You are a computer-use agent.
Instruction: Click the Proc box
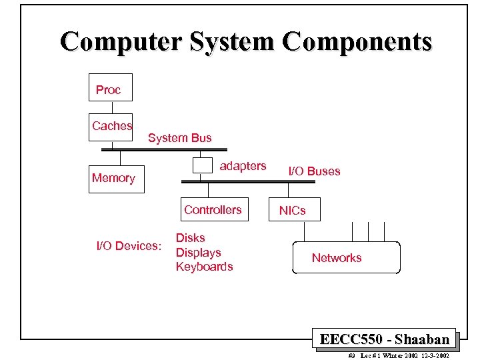click(x=110, y=87)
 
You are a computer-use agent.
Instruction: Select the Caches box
click(x=111, y=126)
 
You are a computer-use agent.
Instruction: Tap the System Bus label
click(x=179, y=138)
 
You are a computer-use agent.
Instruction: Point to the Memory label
click(x=113, y=178)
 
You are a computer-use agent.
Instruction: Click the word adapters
click(x=243, y=166)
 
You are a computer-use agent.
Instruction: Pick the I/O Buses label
click(x=314, y=171)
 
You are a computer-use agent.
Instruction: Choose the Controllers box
click(x=213, y=209)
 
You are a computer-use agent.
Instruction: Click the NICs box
click(x=292, y=209)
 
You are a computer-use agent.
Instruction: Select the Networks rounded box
click(x=346, y=258)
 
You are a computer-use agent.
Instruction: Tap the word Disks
click(x=190, y=238)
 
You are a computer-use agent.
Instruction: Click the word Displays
click(x=198, y=253)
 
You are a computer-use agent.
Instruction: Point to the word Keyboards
click(x=204, y=267)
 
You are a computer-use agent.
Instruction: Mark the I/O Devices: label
click(x=129, y=246)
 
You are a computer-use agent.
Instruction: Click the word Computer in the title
click(x=120, y=41)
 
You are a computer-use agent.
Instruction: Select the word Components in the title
click(x=357, y=41)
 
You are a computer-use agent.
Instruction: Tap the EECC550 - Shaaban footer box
click(x=385, y=339)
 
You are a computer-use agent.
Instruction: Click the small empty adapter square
click(x=201, y=165)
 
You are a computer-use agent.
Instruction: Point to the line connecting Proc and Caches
click(x=112, y=107)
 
